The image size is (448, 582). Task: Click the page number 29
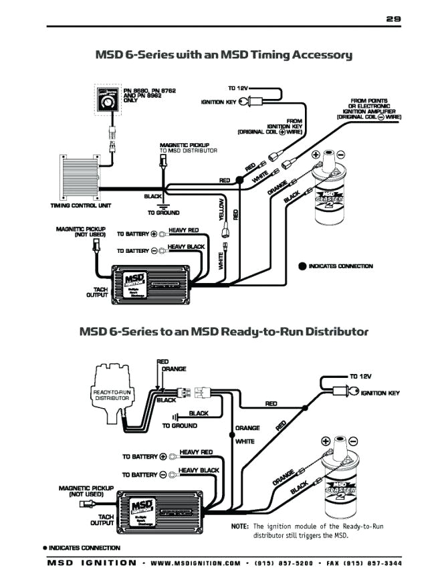click(x=393, y=19)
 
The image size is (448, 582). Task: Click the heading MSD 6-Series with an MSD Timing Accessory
click(x=224, y=55)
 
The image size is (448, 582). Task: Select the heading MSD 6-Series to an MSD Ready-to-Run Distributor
click(x=224, y=331)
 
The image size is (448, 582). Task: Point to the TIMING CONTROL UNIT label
click(x=81, y=205)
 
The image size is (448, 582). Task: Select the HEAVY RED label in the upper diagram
click(x=183, y=229)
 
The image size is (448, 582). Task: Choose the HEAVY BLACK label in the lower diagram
click(x=199, y=470)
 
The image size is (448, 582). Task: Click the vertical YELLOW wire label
click(x=222, y=209)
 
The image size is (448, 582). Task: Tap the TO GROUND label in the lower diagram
click(x=180, y=425)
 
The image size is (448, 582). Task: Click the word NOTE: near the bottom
click(x=240, y=526)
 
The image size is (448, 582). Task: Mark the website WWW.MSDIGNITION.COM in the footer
click(x=196, y=564)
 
